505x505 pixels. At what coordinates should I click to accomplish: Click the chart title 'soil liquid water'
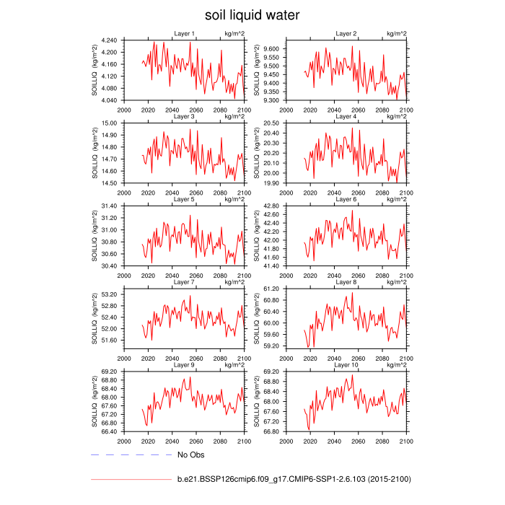(x=252, y=14)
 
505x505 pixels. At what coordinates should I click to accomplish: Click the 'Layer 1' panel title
(x=184, y=34)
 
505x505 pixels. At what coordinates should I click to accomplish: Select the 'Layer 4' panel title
(x=346, y=116)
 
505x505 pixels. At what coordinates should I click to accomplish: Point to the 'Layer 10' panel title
(x=346, y=365)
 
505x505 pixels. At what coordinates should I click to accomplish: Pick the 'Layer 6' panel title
(x=346, y=199)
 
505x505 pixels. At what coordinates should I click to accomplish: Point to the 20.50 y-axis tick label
(x=273, y=123)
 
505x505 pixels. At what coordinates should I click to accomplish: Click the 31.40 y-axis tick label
(x=112, y=206)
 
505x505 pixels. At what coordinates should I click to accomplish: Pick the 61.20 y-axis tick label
(x=273, y=289)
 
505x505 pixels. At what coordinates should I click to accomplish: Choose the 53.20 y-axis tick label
(x=112, y=295)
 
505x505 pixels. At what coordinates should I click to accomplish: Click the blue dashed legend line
(x=131, y=455)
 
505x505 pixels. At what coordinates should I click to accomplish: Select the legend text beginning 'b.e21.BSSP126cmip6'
(x=294, y=478)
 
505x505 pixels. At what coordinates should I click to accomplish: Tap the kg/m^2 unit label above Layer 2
(x=396, y=34)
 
